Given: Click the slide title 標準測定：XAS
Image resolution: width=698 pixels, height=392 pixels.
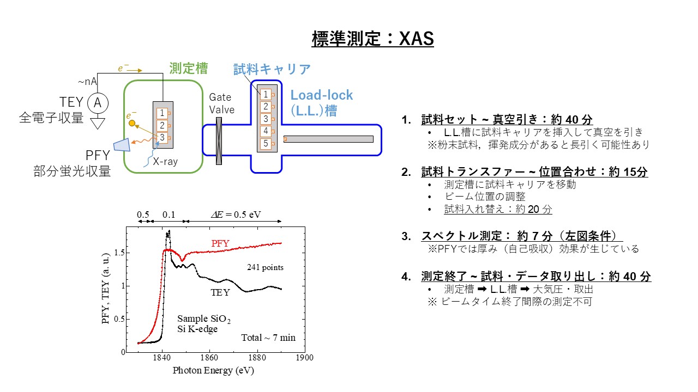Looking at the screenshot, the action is click(x=372, y=39).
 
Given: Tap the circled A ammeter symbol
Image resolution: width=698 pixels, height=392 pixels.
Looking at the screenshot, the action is click(x=98, y=103).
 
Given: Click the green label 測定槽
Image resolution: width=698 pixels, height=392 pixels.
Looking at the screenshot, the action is click(x=189, y=69).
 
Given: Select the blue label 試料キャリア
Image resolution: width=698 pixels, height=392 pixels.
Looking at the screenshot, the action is click(x=272, y=69).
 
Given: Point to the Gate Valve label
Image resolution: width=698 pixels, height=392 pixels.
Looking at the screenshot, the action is click(x=221, y=103).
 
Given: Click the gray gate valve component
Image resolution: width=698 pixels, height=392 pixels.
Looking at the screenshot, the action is click(x=219, y=141).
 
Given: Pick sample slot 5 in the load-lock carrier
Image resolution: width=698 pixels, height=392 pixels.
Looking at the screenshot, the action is click(x=266, y=144).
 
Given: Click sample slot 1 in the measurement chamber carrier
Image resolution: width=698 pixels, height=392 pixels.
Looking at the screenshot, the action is click(x=162, y=113).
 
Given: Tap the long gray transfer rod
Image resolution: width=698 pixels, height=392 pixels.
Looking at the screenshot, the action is click(x=328, y=139).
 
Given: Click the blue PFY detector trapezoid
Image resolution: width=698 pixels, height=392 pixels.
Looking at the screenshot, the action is click(x=123, y=145).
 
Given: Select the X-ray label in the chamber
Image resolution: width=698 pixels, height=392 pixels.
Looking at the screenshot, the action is click(x=165, y=162).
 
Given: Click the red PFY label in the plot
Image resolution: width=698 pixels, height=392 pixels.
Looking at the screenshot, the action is click(x=220, y=243).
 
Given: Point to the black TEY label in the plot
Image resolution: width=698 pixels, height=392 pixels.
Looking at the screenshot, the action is click(x=220, y=292).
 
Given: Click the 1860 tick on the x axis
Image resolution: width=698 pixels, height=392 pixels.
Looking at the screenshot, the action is click(x=209, y=358).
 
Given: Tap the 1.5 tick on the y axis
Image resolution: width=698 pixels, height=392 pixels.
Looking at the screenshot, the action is click(x=119, y=252).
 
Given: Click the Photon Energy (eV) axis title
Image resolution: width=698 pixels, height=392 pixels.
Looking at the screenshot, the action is click(x=213, y=371).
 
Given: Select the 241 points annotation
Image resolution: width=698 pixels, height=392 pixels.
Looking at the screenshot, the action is click(x=265, y=267).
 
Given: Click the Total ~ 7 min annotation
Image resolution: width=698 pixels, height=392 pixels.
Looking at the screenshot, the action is click(x=268, y=338).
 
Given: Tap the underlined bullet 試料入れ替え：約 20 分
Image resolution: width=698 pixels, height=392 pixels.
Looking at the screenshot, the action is click(x=498, y=209).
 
